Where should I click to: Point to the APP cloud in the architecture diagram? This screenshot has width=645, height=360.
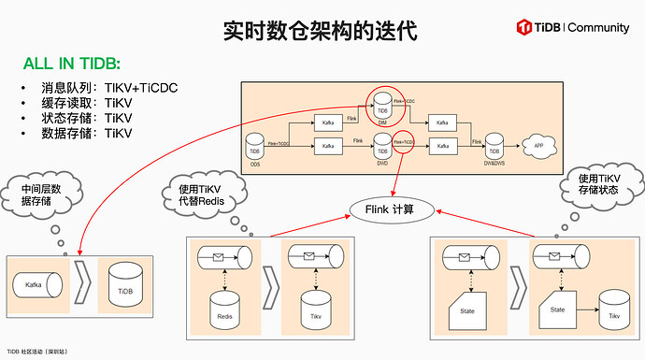click(537, 145)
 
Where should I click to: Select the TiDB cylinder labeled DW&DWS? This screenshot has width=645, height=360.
click(494, 146)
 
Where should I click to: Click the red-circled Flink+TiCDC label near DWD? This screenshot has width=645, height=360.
click(404, 143)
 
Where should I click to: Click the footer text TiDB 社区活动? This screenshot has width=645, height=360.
click(36, 352)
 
